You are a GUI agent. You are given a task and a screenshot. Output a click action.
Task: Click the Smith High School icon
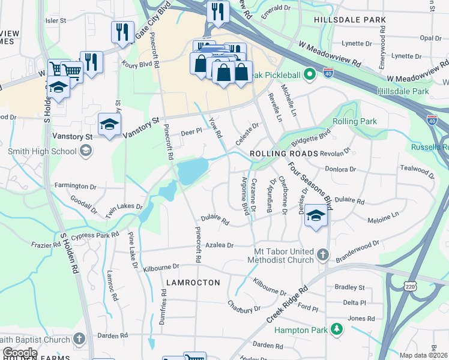[86, 151]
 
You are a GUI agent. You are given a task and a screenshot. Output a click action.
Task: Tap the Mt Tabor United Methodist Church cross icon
[322, 255]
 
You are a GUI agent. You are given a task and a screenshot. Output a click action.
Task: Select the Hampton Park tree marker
[337, 329]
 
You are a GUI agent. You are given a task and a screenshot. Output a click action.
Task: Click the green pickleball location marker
[309, 75]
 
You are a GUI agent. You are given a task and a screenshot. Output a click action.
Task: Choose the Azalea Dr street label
[218, 245]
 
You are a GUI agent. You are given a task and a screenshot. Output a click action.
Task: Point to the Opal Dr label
[430, 38]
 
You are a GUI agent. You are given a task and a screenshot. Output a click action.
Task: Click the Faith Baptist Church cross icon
[79, 340]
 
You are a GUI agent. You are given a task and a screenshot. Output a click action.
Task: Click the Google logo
[20, 352]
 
